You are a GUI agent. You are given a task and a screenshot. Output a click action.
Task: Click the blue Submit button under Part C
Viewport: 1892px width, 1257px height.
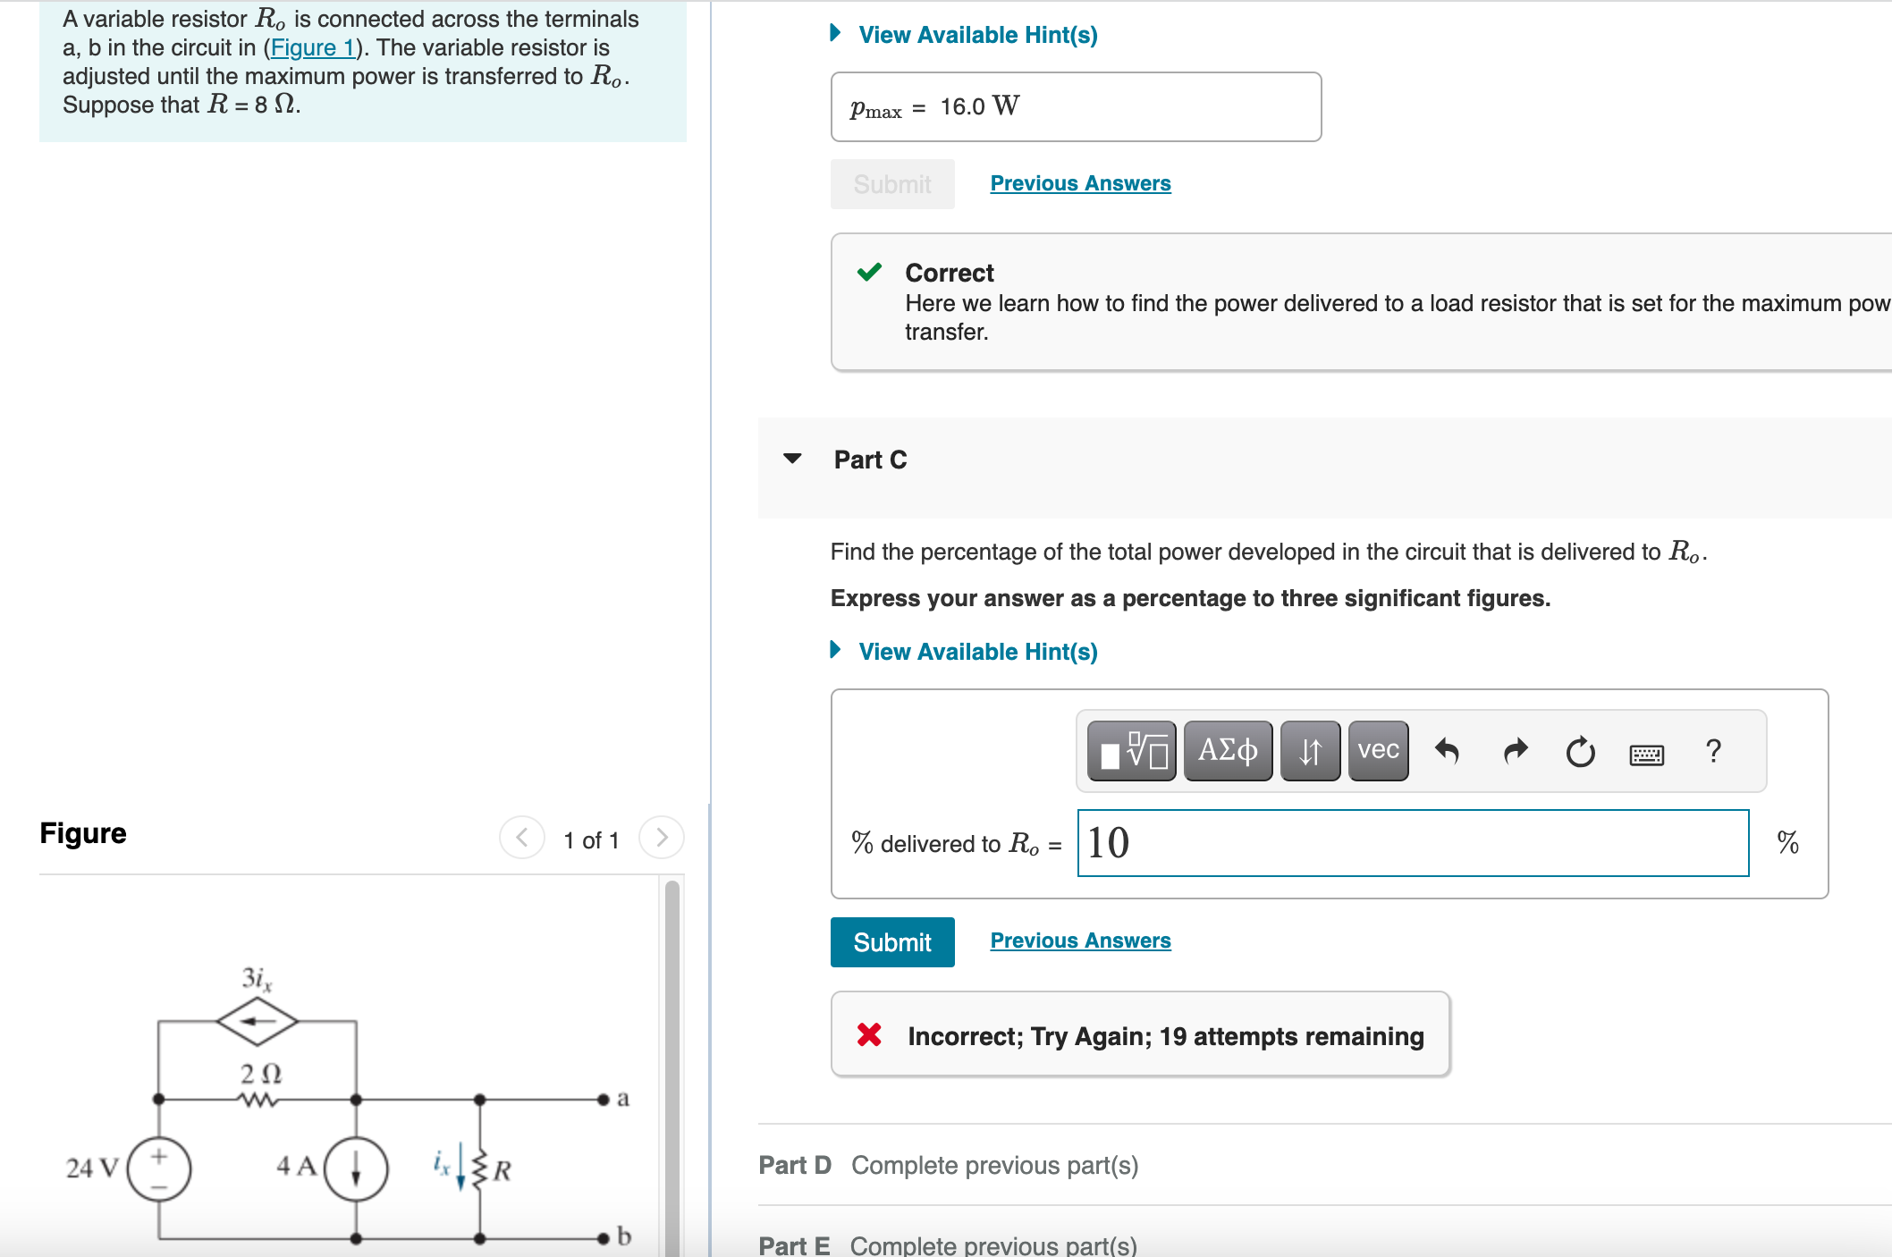[x=891, y=942]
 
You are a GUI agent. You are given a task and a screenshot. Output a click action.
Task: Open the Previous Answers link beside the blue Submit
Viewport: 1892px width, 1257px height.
[x=1080, y=941]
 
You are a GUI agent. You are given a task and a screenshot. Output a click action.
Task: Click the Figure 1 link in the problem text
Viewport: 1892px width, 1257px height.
[x=313, y=48]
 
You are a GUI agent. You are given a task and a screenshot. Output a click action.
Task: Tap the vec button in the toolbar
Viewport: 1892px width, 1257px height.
[x=1378, y=751]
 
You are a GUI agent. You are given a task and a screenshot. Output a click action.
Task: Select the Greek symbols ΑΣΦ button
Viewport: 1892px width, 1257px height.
[x=1228, y=751]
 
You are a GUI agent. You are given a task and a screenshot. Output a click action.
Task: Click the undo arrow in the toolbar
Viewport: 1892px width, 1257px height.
[x=1447, y=751]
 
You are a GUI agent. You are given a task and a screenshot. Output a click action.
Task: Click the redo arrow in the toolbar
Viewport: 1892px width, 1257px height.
[x=1516, y=751]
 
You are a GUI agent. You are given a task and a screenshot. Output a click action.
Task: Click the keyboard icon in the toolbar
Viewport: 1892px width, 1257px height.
[x=1646, y=755]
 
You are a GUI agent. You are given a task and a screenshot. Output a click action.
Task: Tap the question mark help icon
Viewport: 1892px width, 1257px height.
[x=1713, y=751]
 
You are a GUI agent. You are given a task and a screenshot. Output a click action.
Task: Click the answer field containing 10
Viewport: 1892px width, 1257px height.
[x=1413, y=843]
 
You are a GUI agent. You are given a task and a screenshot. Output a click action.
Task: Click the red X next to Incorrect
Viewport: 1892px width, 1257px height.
[x=869, y=1035]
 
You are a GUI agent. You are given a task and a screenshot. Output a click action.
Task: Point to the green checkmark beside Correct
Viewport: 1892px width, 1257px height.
[x=869, y=272]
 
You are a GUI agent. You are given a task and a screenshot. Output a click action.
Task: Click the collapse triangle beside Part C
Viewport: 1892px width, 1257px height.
[x=792, y=459]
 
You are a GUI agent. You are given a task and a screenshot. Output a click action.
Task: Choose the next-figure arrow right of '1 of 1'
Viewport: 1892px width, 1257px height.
[x=662, y=838]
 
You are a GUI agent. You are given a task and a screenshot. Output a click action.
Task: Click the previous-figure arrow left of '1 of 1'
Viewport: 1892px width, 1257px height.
[x=522, y=838]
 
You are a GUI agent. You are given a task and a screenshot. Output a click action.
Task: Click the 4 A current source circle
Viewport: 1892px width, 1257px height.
[x=356, y=1168]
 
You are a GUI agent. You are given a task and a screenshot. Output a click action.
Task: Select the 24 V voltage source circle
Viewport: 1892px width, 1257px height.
[x=159, y=1168]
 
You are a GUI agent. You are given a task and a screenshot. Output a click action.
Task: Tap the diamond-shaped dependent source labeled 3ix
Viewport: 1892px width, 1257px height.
[x=258, y=1021]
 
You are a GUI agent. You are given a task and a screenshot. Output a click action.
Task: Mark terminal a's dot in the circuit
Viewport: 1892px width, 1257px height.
[x=604, y=1099]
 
